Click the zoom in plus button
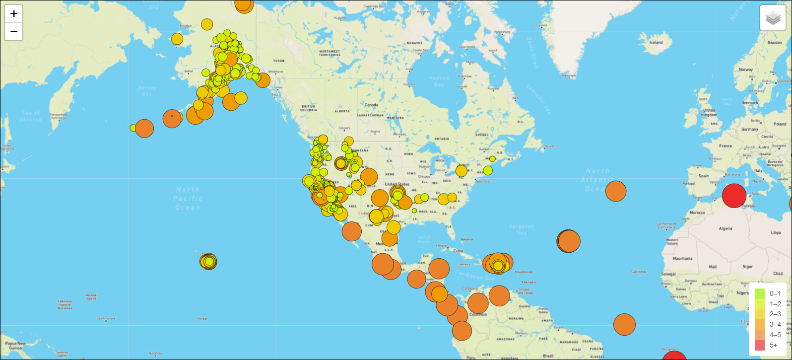coord(14,14)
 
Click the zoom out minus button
coord(14,32)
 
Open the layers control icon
coord(773,18)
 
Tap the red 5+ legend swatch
coord(760,345)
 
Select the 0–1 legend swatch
coord(760,293)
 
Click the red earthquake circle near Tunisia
coord(734,195)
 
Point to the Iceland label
coord(656,43)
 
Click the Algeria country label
coord(726,229)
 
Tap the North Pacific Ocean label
coord(188,198)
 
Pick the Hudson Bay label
coord(439,81)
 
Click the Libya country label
coord(775,232)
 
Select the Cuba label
coord(458,251)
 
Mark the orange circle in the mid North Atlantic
coord(616,191)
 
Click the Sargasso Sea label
coord(521,229)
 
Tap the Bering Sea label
coord(147,91)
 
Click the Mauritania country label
coord(682,259)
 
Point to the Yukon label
coord(279,61)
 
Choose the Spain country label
coord(704,176)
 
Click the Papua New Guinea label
coord(15,346)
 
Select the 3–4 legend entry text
coord(775,324)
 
